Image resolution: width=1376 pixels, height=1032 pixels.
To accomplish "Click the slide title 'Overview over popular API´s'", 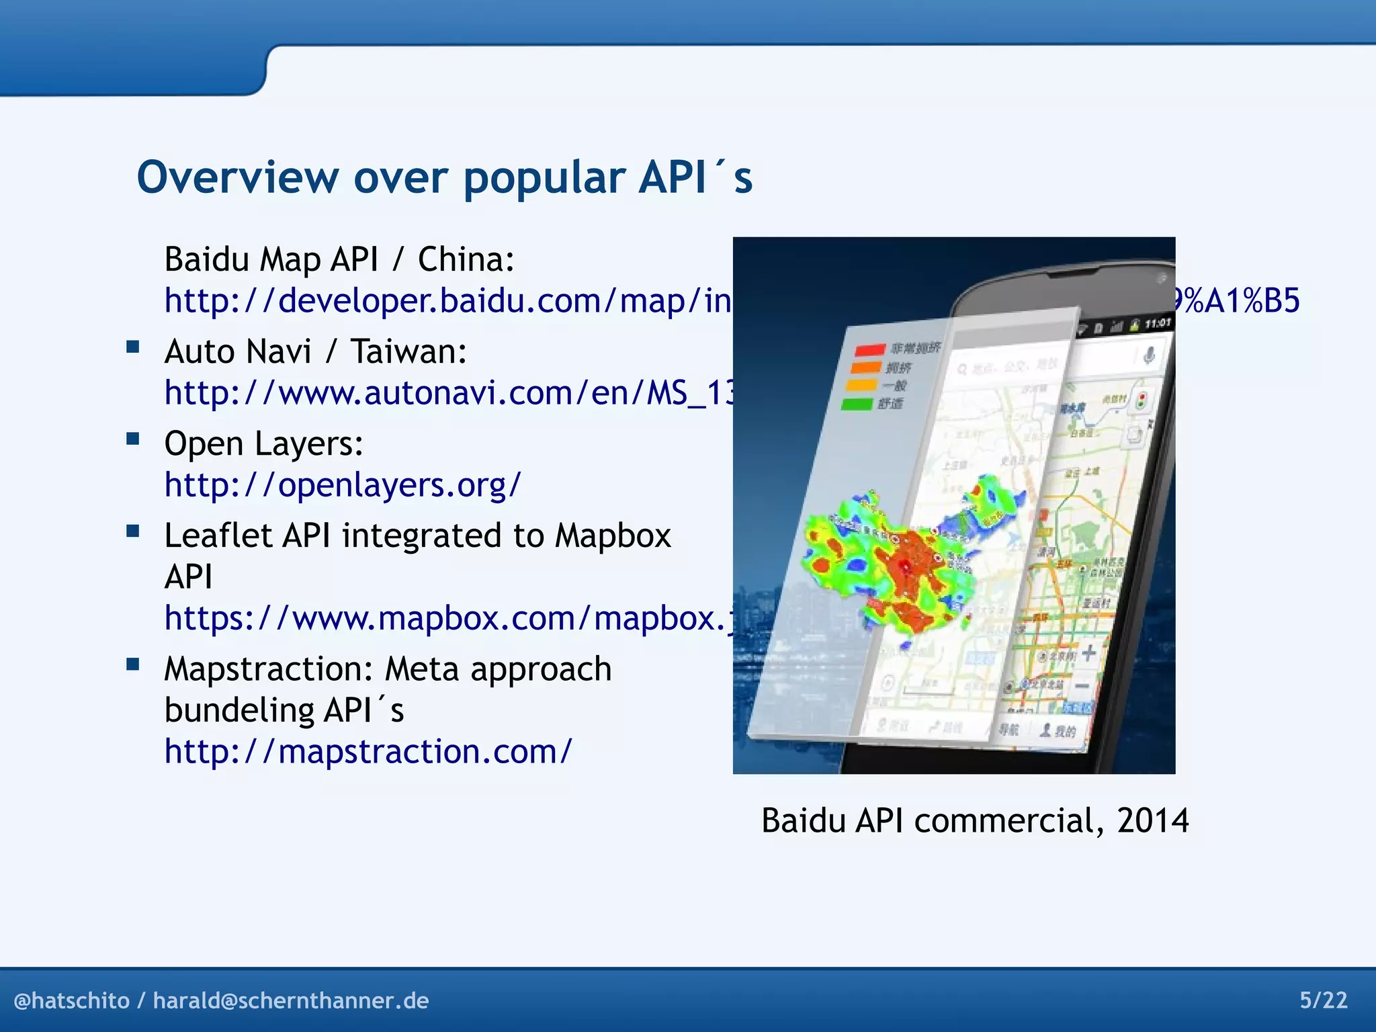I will point(444,178).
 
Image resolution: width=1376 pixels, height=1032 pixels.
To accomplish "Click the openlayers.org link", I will point(343,484).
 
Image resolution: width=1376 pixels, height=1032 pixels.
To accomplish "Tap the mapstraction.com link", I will point(368,751).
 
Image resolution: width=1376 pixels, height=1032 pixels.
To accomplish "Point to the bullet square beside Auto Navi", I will point(133,347).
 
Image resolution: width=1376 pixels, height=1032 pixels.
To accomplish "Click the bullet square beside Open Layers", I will point(133,439).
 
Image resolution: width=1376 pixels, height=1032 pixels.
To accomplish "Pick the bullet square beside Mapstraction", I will point(133,665).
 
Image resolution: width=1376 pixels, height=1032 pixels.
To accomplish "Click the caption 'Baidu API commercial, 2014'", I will point(974,820).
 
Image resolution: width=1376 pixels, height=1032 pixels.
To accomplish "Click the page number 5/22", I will point(1323,1000).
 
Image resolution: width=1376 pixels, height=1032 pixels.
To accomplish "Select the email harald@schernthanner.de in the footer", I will point(291,1001).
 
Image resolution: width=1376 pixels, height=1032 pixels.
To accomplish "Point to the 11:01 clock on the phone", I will point(1157,324).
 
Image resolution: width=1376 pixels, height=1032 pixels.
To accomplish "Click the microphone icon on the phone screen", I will point(1149,354).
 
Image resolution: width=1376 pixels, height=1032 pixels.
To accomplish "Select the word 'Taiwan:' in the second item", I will point(408,351).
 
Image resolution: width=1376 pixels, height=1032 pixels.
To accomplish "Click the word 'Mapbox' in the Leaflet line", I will point(613,536).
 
